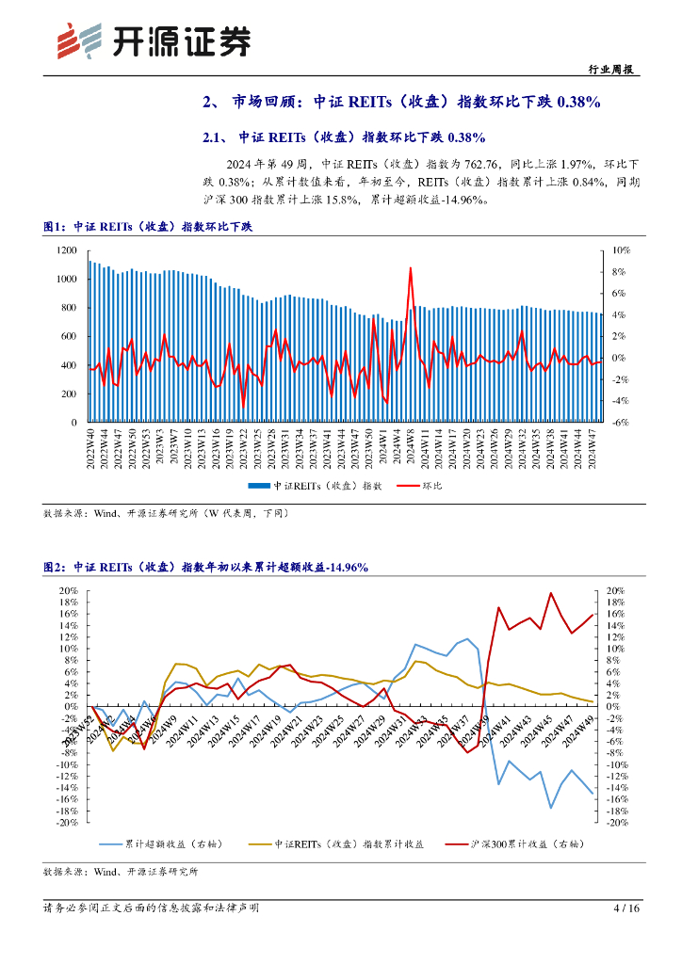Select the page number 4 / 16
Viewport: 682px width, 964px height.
626,908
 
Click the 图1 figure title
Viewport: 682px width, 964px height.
148,227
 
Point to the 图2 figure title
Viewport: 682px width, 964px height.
205,567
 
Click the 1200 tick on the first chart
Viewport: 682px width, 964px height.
66,250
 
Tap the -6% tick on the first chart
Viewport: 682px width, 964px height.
621,423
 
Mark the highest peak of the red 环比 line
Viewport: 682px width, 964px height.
411,268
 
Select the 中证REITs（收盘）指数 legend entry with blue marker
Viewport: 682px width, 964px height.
316,487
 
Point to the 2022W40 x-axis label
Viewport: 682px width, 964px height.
91,449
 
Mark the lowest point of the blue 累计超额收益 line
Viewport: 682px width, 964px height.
551,807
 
